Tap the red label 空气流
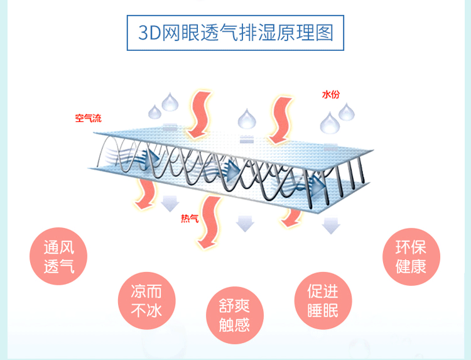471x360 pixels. coord(88,118)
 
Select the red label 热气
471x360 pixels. coord(189,219)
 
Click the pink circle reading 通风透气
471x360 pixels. coord(59,256)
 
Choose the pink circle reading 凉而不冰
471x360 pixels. coord(146,300)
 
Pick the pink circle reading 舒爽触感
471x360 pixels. coord(234,315)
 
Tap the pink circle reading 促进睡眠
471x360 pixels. coord(323,300)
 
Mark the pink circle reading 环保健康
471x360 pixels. coord(411,256)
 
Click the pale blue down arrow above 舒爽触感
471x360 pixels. coord(244,223)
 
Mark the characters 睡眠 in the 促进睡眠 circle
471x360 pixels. coord(323,310)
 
